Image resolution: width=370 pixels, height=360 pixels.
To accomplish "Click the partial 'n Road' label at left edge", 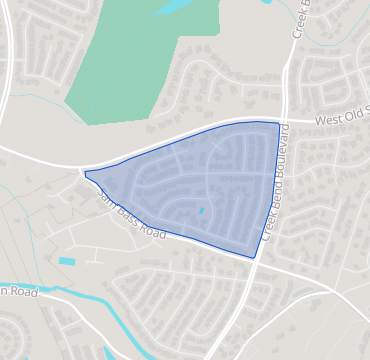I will tap(20, 293).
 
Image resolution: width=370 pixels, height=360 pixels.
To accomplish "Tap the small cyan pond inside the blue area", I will tap(201, 210).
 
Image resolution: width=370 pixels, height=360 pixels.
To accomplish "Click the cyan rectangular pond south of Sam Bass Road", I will tap(67, 261).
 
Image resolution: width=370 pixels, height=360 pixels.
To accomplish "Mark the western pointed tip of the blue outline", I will tap(86, 173).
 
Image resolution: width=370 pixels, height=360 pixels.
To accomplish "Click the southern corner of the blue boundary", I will tap(255, 258).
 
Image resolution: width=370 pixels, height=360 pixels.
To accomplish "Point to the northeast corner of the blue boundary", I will tap(279, 123).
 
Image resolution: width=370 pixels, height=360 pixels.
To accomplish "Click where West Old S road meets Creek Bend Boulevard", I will tap(283, 121).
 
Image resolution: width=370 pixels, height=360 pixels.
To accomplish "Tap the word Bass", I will tap(126, 213).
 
